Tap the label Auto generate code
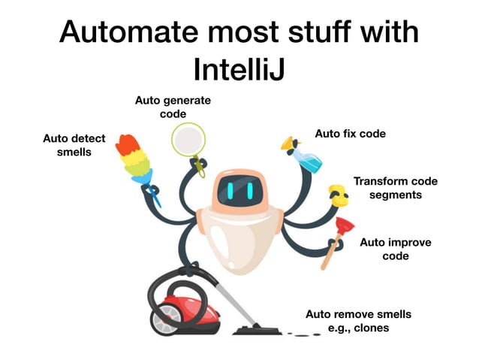click(x=173, y=106)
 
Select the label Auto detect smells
click(x=74, y=145)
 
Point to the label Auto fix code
click(x=350, y=134)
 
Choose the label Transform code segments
click(x=395, y=188)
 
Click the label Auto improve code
click(x=395, y=249)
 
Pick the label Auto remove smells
click(x=358, y=314)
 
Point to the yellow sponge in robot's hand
click(x=339, y=196)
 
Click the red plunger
click(x=341, y=226)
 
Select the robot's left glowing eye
click(x=224, y=192)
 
